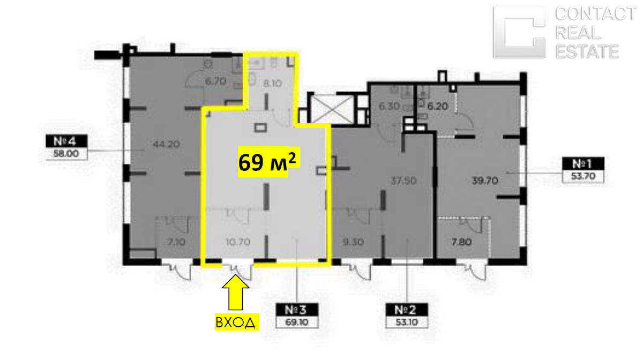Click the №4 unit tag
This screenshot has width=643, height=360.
[x=66, y=141]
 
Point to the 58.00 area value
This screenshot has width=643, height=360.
[x=66, y=154]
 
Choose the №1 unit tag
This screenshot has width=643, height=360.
[x=583, y=163]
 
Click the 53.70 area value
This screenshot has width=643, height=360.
[x=583, y=176]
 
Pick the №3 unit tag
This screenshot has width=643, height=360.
[x=297, y=310]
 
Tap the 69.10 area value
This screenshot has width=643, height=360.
[x=297, y=322]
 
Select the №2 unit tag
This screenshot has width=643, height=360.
[x=407, y=310]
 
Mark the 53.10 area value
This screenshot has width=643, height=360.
[x=407, y=322]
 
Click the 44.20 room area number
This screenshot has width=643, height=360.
[x=166, y=144]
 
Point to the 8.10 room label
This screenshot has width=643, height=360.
[x=272, y=84]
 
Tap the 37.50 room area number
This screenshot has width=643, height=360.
[x=403, y=181]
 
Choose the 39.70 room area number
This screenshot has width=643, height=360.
[x=485, y=181]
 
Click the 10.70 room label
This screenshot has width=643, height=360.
[x=238, y=242]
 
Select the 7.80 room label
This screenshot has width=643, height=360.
[x=461, y=242]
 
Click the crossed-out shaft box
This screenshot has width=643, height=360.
[x=332, y=109]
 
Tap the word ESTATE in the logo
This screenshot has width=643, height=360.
[x=587, y=51]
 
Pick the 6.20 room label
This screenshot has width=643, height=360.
[x=438, y=106]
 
